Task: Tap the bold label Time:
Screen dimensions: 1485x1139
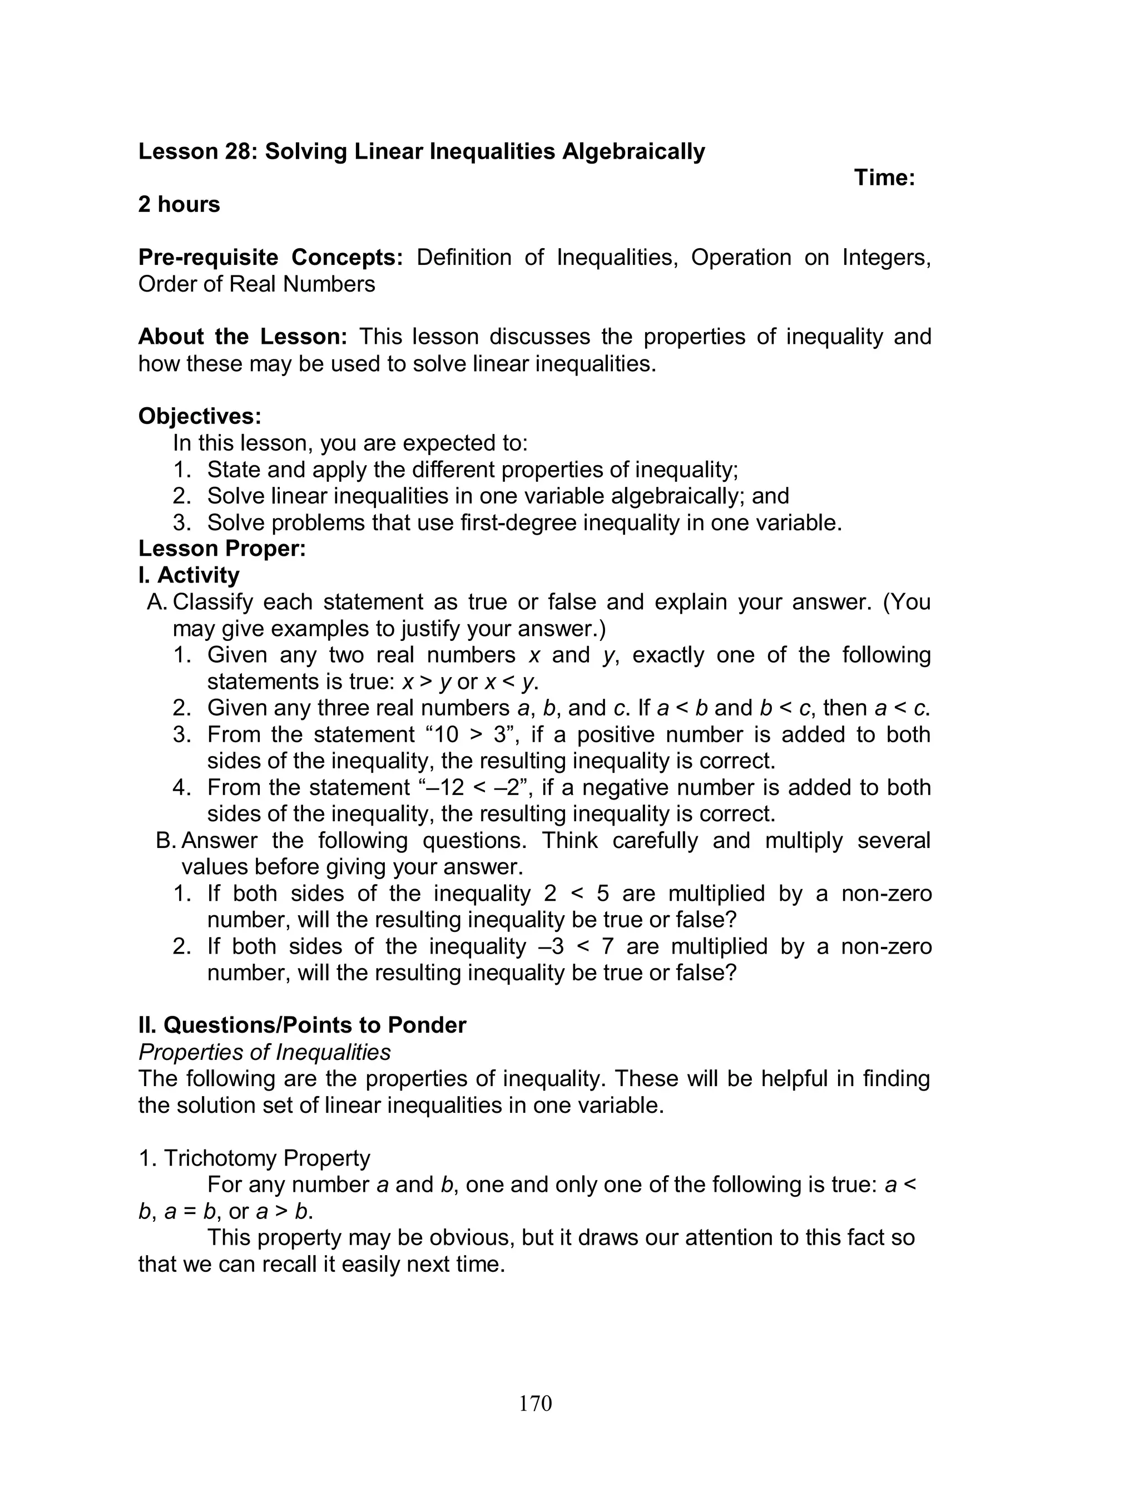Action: pyautogui.click(x=884, y=177)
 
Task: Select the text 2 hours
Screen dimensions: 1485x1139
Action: pyautogui.click(x=179, y=204)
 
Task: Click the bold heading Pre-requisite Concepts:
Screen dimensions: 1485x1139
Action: pyautogui.click(x=270, y=258)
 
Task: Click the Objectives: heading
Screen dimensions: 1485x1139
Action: pyautogui.click(x=199, y=416)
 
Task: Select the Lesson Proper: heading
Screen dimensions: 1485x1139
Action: pyautogui.click(x=222, y=548)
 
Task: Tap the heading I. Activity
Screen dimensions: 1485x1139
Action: pyautogui.click(x=189, y=575)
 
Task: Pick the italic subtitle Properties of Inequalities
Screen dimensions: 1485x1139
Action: pyautogui.click(x=264, y=1052)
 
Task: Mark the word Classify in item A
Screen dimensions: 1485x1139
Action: pyautogui.click(x=213, y=601)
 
